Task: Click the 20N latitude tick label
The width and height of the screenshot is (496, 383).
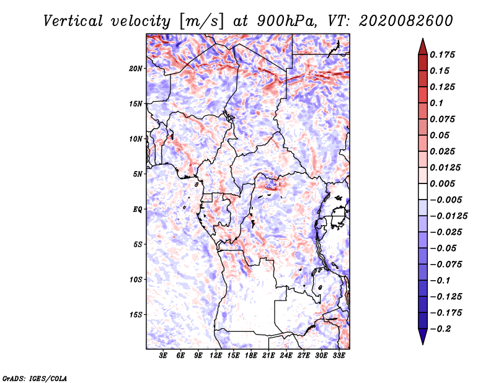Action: pyautogui.click(x=136, y=69)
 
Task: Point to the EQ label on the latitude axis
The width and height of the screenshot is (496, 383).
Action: pyautogui.click(x=138, y=209)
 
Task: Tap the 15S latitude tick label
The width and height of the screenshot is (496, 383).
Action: pyautogui.click(x=136, y=315)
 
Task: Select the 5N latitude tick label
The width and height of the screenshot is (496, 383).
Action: pyautogui.click(x=138, y=174)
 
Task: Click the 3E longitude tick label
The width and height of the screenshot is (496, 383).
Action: pyautogui.click(x=163, y=356)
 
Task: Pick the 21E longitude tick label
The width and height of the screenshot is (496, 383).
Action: pyautogui.click(x=268, y=356)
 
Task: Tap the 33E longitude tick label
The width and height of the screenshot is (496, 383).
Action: pyautogui.click(x=339, y=356)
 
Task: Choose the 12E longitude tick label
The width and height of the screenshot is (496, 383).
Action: pyautogui.click(x=216, y=356)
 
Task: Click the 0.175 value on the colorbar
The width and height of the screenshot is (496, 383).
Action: pyautogui.click(x=442, y=55)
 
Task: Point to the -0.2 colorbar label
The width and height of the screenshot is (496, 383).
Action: pyautogui.click(x=440, y=329)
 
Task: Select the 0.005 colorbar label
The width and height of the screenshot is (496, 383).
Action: pyautogui.click(x=442, y=183)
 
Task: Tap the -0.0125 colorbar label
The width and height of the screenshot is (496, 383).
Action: pyautogui.click(x=448, y=216)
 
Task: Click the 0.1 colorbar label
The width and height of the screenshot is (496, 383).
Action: pyautogui.click(x=436, y=103)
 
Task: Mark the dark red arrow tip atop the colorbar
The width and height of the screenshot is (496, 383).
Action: pyautogui.click(x=423, y=38)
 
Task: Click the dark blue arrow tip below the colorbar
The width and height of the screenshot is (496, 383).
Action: pyautogui.click(x=423, y=344)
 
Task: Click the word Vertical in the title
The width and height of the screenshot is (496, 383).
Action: pyautogui.click(x=73, y=21)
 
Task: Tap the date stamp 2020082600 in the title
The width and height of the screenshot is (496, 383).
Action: pyautogui.click(x=406, y=21)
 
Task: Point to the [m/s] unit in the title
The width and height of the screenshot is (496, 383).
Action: pyautogui.click(x=201, y=22)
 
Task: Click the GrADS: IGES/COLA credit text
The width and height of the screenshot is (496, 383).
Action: pyautogui.click(x=35, y=378)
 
